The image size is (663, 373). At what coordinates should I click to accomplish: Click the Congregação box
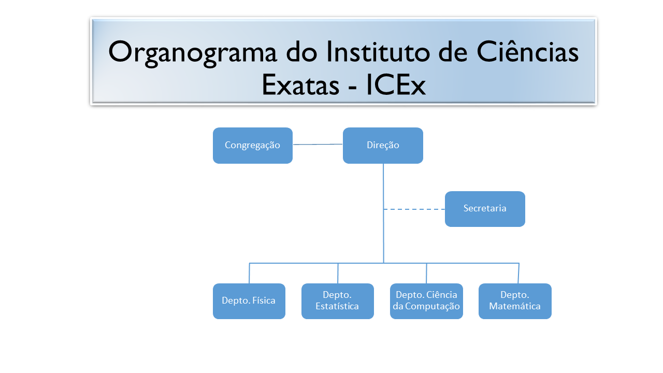(x=253, y=146)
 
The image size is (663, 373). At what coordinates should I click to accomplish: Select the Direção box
(x=383, y=146)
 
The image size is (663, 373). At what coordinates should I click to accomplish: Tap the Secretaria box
(x=485, y=209)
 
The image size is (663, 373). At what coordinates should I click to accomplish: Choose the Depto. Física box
(x=249, y=301)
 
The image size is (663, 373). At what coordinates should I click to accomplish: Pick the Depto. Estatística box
(x=338, y=301)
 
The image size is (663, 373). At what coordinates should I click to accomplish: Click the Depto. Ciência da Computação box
(x=426, y=301)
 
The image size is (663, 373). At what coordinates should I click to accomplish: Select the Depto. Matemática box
(x=515, y=301)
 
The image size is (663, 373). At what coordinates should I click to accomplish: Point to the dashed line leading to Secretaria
(x=414, y=209)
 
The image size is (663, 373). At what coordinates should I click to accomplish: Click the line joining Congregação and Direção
(x=318, y=145)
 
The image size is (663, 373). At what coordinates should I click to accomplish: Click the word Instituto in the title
(x=378, y=51)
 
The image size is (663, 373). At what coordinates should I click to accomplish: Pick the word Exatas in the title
(x=300, y=85)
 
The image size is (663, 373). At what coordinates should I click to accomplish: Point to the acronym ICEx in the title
(x=396, y=85)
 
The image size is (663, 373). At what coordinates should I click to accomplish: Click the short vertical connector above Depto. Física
(x=249, y=273)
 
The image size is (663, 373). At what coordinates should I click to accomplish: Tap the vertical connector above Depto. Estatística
(x=338, y=273)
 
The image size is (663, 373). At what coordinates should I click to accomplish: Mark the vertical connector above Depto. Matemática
(x=518, y=273)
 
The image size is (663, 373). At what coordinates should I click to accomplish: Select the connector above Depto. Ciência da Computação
(x=426, y=273)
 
